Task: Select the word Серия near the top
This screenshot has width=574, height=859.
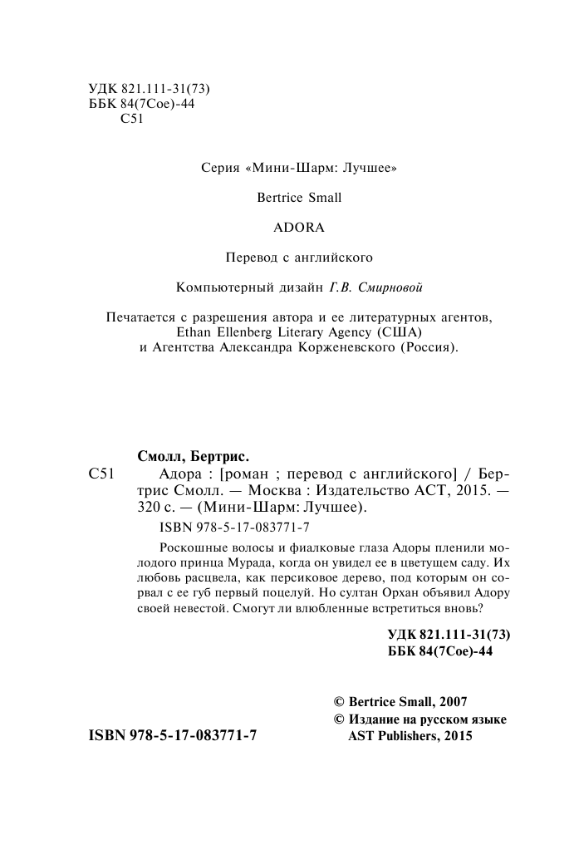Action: (220, 167)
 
